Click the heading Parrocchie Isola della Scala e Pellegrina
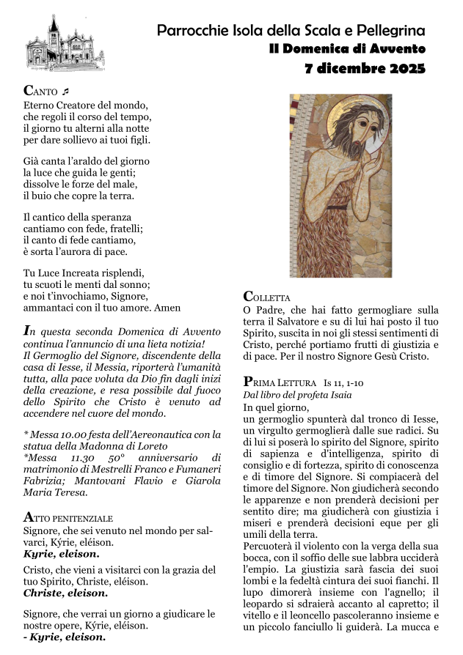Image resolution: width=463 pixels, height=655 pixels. coord(291,30)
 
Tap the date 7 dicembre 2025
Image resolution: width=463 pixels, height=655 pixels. coord(365,70)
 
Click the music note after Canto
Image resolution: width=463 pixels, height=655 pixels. coord(65,92)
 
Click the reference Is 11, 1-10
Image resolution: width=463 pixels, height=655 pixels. coord(348,382)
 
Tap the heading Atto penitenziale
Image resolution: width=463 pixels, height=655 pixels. coord(68,517)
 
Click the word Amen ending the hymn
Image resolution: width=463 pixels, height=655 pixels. coord(167,308)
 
